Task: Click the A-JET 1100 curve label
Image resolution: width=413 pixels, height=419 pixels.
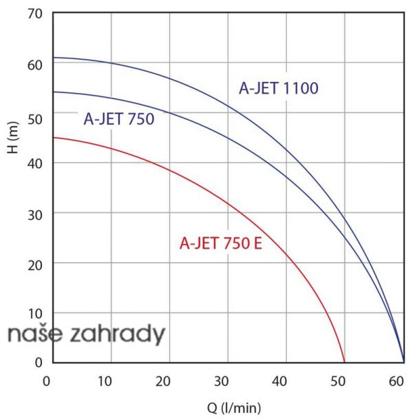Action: (278, 88)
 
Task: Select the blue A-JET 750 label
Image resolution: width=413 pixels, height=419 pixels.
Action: (118, 119)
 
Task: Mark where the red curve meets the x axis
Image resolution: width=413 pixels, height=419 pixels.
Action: (344, 361)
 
